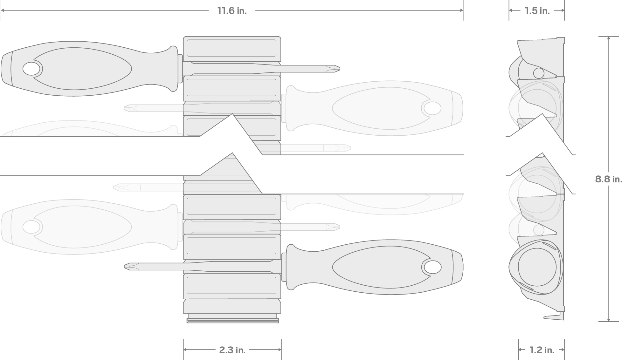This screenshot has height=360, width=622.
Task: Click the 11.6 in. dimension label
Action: click(232, 11)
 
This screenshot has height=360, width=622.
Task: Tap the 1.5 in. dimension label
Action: click(537, 11)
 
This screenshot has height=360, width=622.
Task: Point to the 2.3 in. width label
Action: click(232, 350)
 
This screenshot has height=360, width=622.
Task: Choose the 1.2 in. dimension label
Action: click(542, 350)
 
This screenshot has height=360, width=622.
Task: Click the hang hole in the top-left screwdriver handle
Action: click(31, 69)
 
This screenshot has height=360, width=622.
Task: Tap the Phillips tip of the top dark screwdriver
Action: click(335, 68)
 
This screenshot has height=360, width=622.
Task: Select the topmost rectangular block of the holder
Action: click(232, 48)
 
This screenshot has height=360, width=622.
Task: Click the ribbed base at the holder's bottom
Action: click(232, 319)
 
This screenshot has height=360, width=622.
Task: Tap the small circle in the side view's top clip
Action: click(539, 73)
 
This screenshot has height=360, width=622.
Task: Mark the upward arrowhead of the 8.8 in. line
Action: click(609, 38)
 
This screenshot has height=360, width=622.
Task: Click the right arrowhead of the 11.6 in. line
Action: click(461, 10)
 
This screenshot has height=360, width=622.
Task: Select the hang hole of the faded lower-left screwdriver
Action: click(31, 227)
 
